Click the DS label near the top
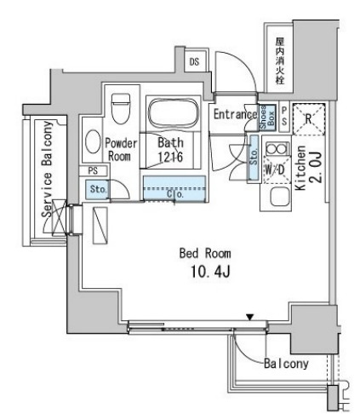point(194,61)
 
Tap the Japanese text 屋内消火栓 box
point(278,58)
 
